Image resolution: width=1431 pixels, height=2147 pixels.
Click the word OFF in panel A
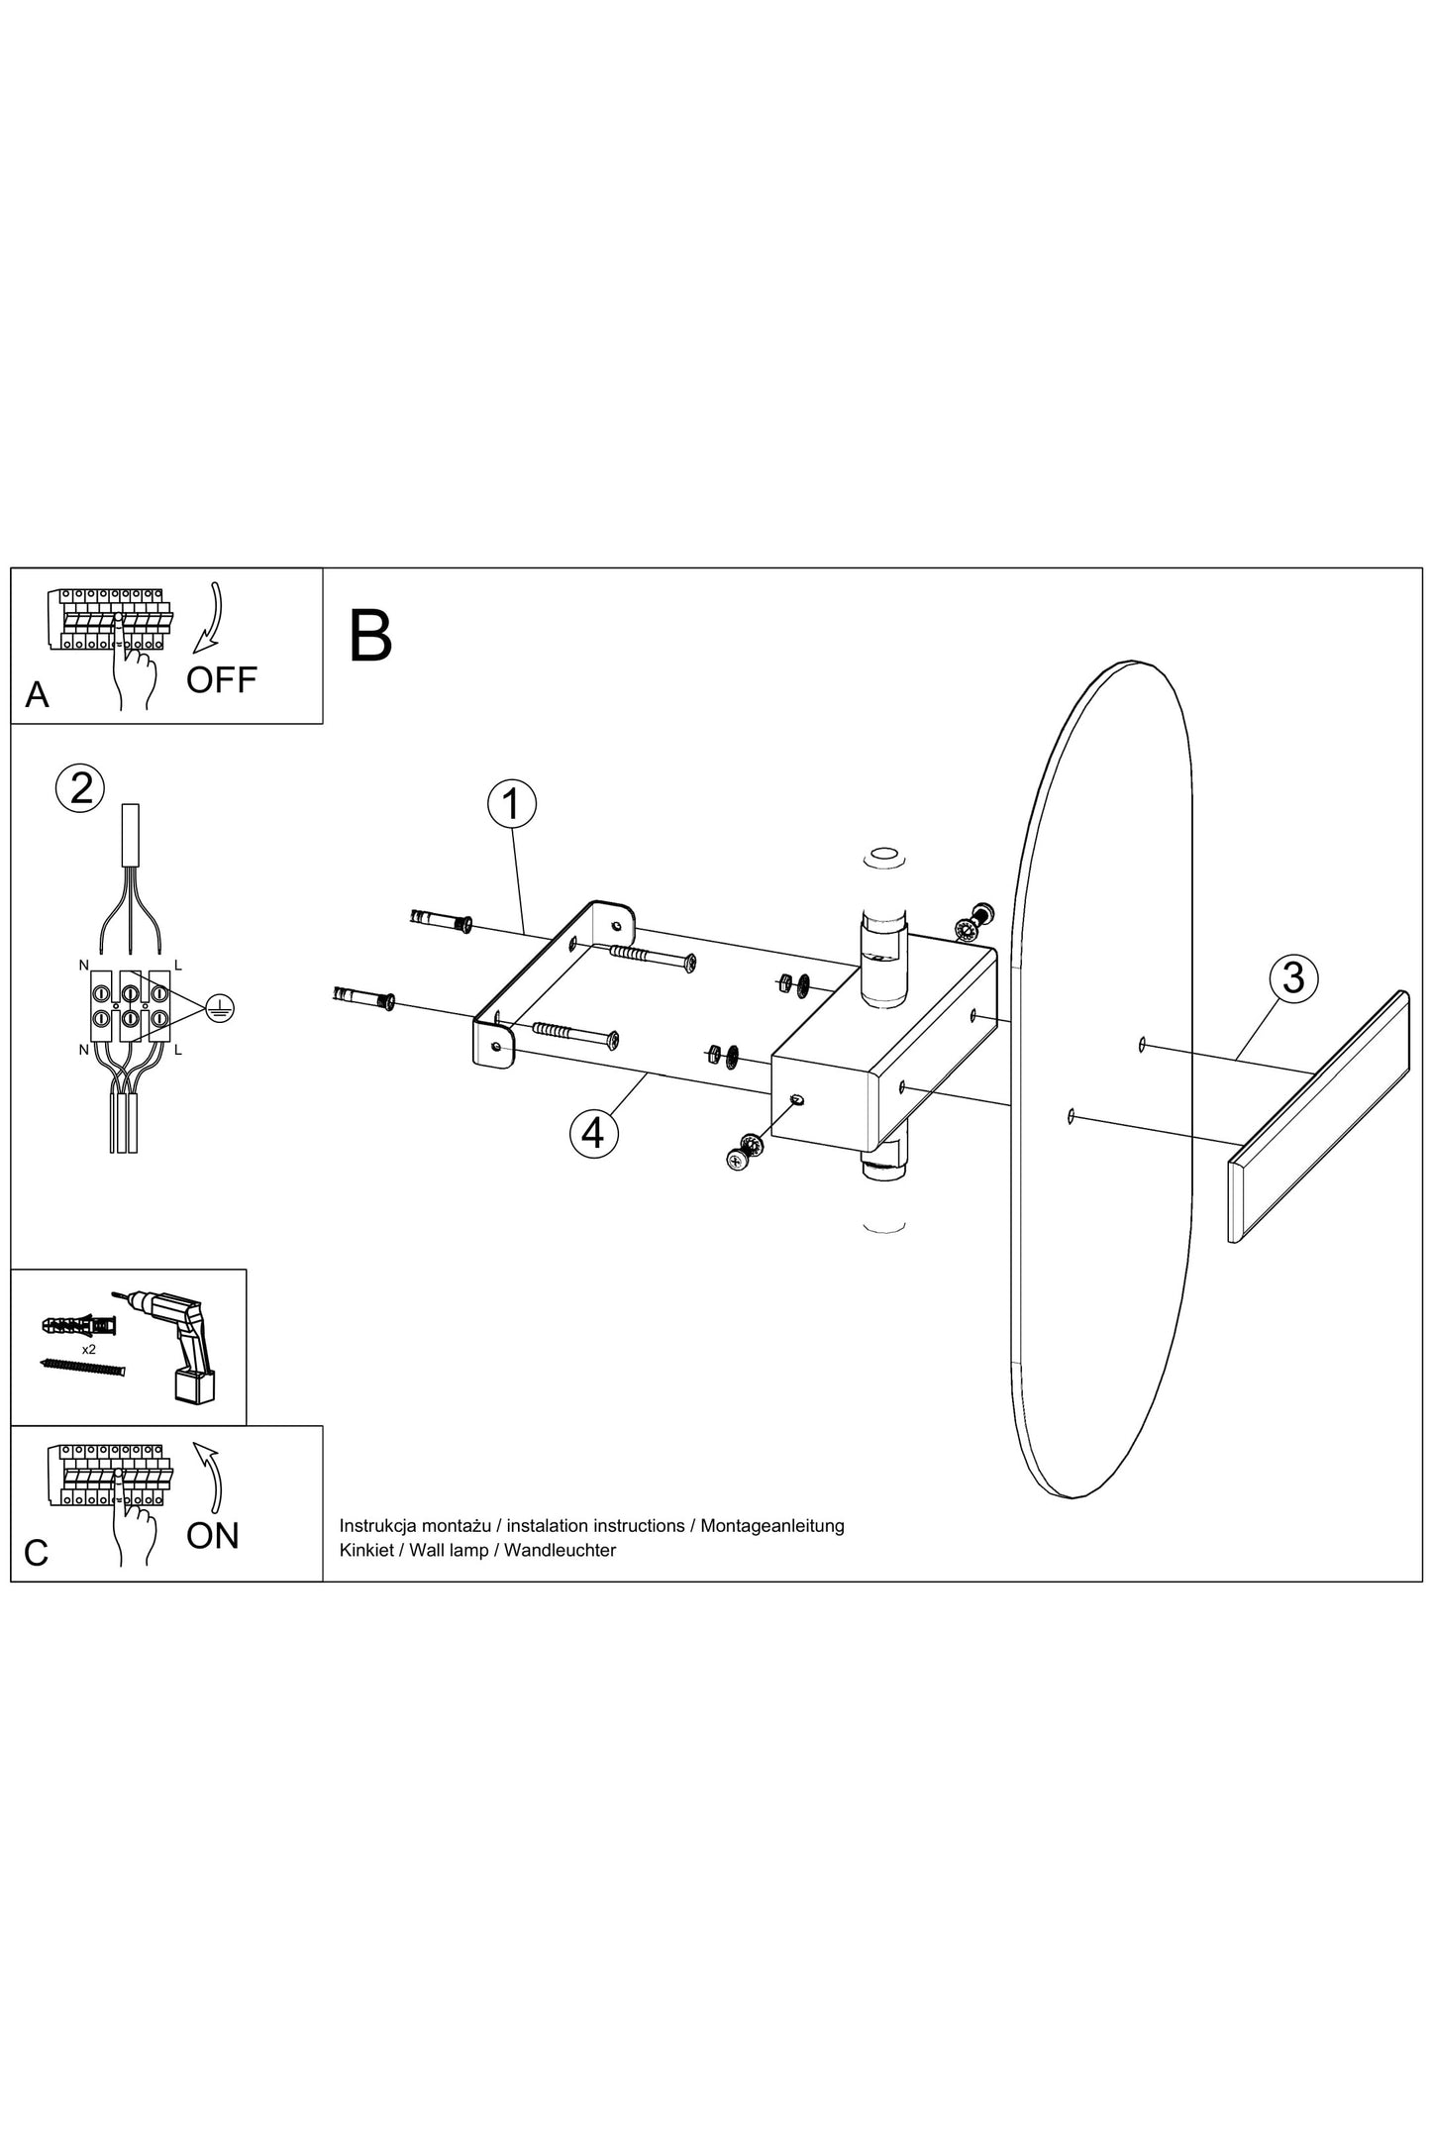(x=222, y=680)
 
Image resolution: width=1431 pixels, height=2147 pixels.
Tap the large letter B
(x=371, y=636)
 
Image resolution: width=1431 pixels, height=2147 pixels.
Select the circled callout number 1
(x=512, y=805)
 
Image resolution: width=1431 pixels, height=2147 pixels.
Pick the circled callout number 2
(x=80, y=787)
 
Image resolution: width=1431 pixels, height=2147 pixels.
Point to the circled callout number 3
(x=1293, y=977)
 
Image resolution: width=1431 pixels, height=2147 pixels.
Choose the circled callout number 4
(x=593, y=1132)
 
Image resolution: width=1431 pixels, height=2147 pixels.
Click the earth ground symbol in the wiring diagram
(x=220, y=1010)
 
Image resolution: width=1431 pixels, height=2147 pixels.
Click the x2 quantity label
(x=89, y=1349)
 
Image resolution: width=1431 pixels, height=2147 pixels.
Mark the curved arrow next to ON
(x=209, y=1480)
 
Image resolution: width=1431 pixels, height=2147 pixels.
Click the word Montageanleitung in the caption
(x=772, y=1526)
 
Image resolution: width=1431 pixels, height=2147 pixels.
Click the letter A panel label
(x=37, y=694)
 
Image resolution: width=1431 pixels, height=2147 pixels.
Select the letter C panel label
(x=37, y=1553)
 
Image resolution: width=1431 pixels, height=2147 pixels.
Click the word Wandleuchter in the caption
(x=561, y=1550)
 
